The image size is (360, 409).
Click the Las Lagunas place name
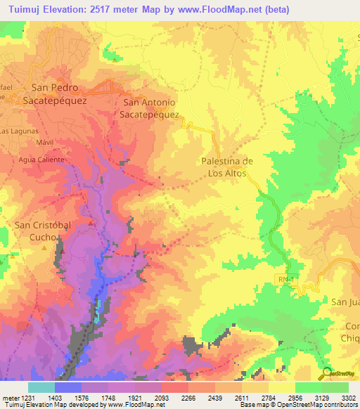tap(20, 131)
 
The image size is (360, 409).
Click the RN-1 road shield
tap(283, 280)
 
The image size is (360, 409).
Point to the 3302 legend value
tap(348, 397)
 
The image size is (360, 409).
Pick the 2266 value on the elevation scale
tap(188, 397)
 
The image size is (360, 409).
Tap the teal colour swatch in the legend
tap(41, 387)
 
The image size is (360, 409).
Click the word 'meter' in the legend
tap(8, 397)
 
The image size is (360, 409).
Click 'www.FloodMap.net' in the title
tap(221, 10)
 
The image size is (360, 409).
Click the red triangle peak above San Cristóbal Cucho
tap(91, 223)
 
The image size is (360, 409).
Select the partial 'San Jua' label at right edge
tap(345, 301)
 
